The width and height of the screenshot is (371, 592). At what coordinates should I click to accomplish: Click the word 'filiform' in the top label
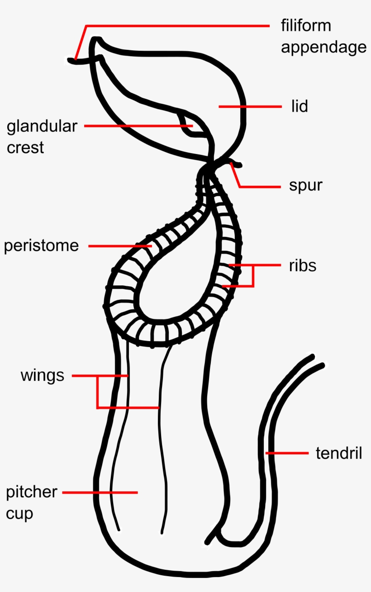coord(306,26)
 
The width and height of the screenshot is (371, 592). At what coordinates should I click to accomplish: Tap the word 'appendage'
coord(323,47)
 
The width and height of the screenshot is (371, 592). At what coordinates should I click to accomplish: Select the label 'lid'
coord(300,106)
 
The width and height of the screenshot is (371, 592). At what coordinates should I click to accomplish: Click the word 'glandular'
coord(42,126)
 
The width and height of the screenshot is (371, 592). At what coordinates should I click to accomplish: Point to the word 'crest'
coord(25,147)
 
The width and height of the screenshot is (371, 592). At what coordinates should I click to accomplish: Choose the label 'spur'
coord(306,186)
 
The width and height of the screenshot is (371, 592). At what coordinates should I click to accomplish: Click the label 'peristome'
coord(41,246)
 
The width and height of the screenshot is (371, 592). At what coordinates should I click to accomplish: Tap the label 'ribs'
coord(303,265)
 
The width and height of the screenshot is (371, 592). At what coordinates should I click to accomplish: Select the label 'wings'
coord(42,375)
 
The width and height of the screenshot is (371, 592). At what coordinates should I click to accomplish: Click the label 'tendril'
coord(339,453)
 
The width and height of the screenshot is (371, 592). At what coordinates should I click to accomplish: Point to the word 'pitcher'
coord(32,492)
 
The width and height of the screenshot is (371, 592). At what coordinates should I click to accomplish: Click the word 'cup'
coord(19,514)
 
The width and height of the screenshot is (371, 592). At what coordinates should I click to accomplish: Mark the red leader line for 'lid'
coord(250,106)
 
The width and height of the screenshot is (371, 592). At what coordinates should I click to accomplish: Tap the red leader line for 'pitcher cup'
coord(100,492)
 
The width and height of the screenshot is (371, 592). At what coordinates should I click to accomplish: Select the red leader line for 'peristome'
coord(120,246)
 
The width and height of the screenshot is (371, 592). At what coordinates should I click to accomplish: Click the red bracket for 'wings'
coord(97,392)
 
